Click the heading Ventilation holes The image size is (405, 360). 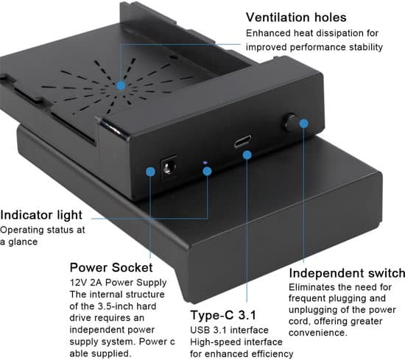(296, 18)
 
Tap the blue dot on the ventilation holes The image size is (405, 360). (121, 85)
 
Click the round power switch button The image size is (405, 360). (290, 122)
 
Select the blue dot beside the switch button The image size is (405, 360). (304, 124)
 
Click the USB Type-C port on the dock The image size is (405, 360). (243, 141)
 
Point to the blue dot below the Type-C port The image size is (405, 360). (247, 155)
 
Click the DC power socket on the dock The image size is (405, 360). (169, 168)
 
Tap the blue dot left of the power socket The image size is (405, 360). (150, 172)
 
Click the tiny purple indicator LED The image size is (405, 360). (205, 163)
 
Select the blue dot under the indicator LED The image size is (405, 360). (207, 171)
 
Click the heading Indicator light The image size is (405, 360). (41, 215)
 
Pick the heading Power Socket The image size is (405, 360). (111, 267)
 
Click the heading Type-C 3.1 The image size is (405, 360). (223, 315)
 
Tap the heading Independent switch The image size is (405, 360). (347, 273)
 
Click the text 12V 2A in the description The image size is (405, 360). (86, 283)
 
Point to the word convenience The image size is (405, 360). (317, 333)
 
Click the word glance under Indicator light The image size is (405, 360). (23, 242)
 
